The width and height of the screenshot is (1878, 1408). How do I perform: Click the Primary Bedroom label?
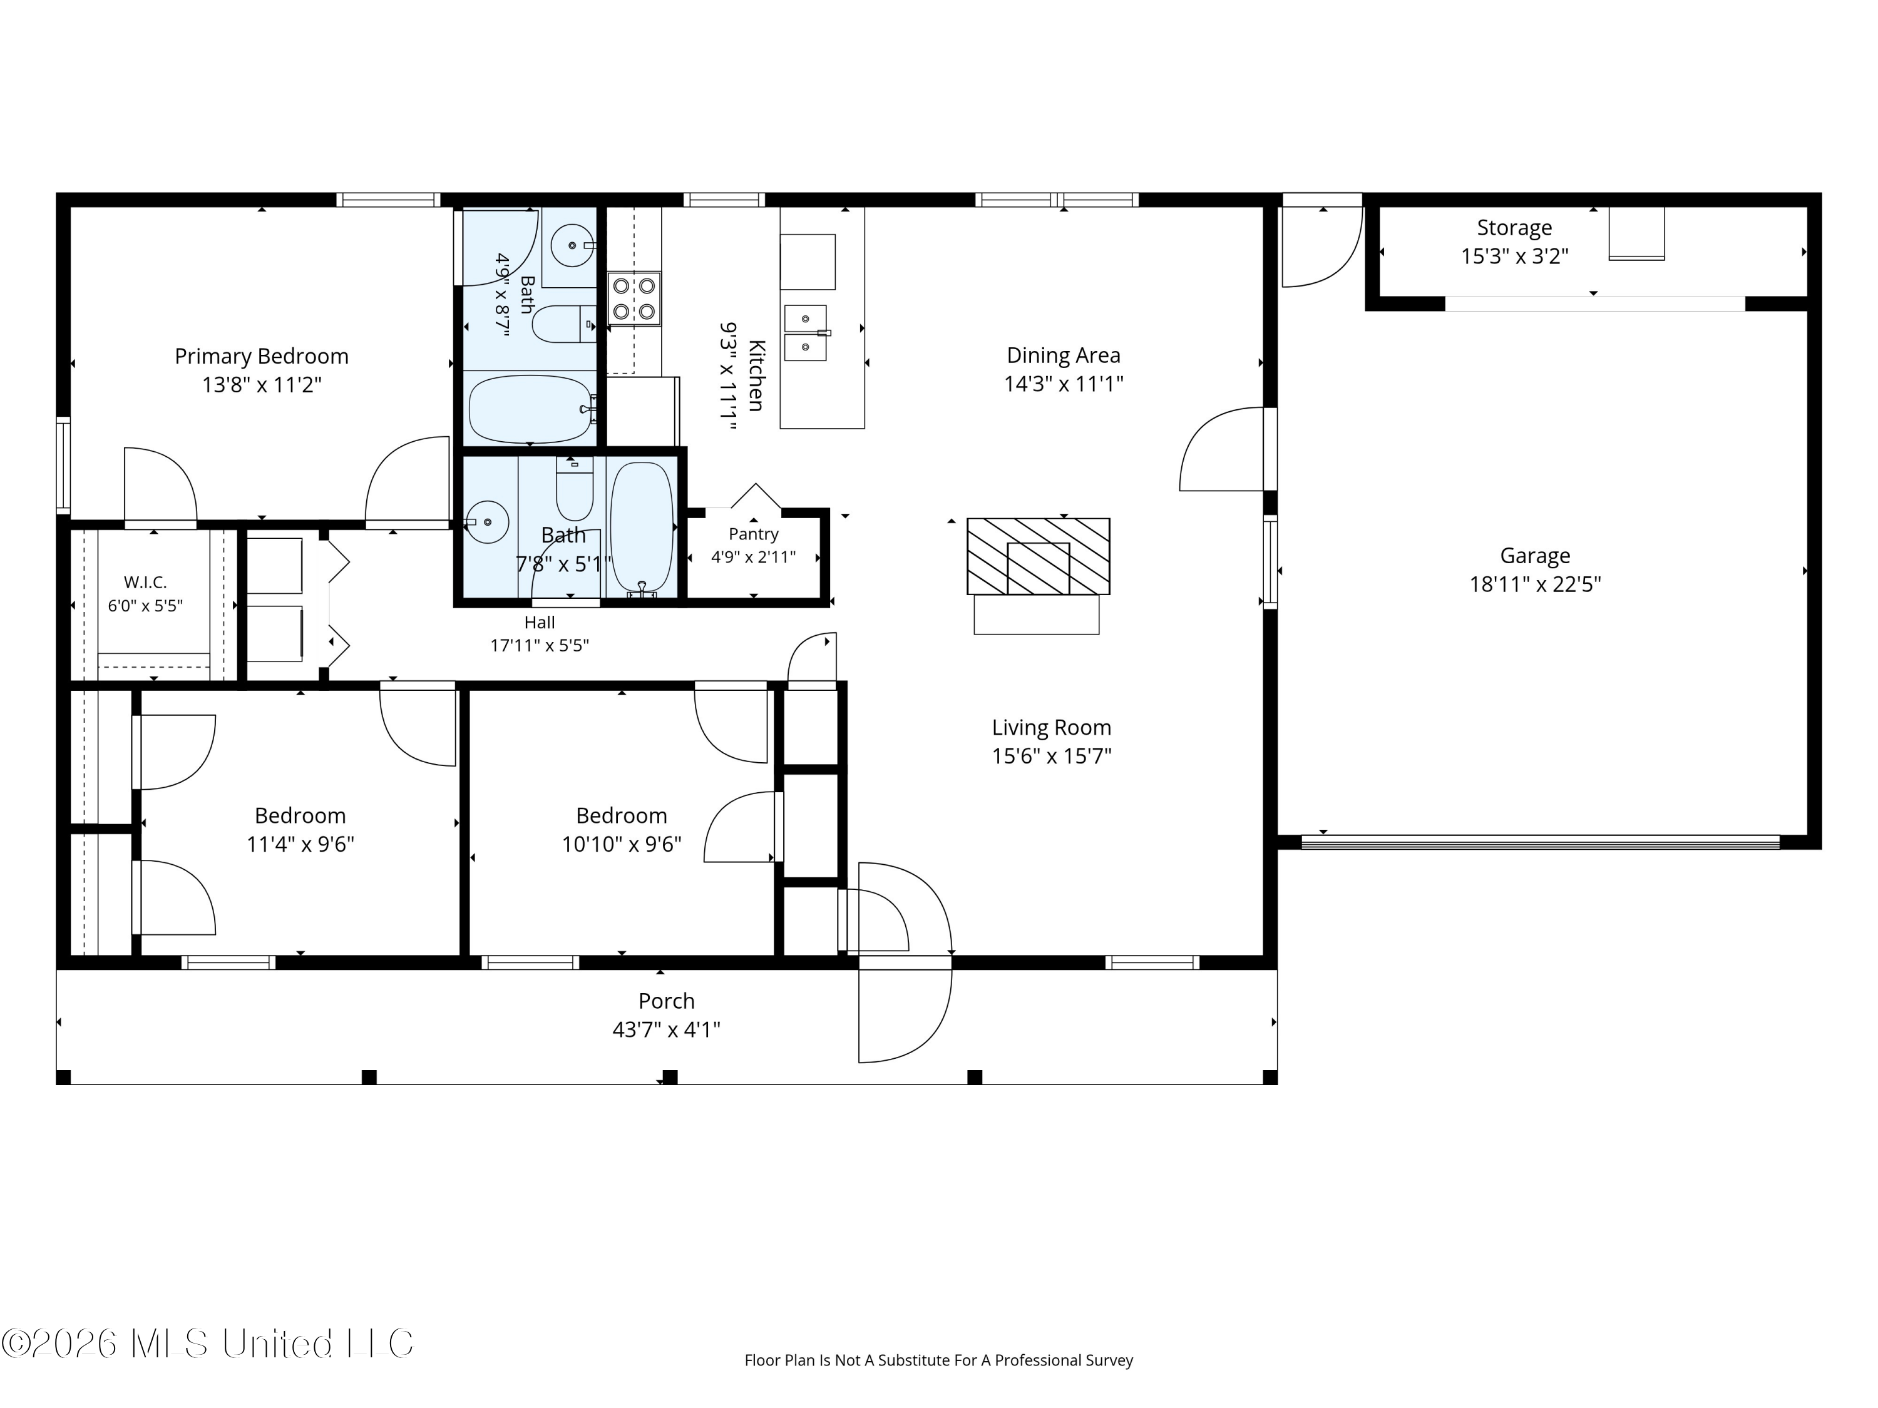262,357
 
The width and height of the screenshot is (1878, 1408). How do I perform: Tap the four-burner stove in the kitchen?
634,298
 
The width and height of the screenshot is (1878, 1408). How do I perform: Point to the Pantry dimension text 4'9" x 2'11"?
753,557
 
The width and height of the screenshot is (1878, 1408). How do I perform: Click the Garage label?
1535,556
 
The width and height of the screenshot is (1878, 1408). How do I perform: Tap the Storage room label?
1514,227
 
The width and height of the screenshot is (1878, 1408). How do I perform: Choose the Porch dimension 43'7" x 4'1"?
667,1029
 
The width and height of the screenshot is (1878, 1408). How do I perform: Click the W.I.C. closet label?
145,582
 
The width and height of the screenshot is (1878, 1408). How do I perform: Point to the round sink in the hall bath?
486,522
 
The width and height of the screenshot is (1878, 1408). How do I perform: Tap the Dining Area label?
1063,355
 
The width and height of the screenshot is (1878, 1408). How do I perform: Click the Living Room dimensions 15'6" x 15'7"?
1051,756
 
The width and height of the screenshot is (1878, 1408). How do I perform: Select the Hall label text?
539,622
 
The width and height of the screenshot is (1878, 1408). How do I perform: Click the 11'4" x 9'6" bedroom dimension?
300,844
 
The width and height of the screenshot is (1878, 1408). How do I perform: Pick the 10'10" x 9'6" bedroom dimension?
622,844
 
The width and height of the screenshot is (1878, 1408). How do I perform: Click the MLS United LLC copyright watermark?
207,1344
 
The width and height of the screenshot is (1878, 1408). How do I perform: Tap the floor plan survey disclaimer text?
938,1360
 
